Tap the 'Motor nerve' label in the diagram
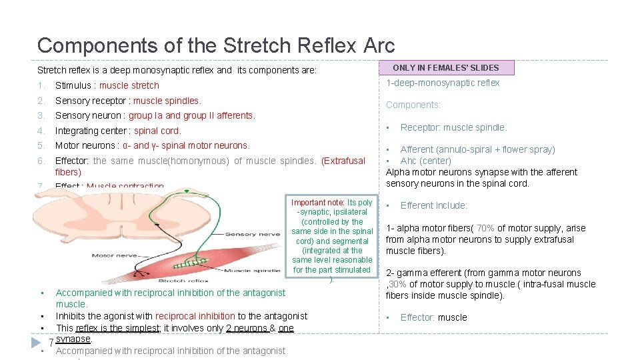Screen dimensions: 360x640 coord(111,255)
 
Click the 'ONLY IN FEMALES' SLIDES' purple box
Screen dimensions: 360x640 coord(446,67)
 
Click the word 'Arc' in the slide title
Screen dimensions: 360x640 coord(379,45)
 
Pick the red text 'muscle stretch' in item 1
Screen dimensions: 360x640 coord(129,85)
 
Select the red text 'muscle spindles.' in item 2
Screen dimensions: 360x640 coord(167,101)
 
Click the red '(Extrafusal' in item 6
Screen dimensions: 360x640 coord(343,161)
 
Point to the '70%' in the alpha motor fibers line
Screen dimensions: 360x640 coord(486,228)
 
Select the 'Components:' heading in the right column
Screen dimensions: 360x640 coord(413,105)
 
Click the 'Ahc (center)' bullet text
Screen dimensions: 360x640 coord(425,161)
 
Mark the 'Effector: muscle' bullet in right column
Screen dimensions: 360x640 coord(433,317)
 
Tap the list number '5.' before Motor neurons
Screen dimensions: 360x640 coord(41,145)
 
